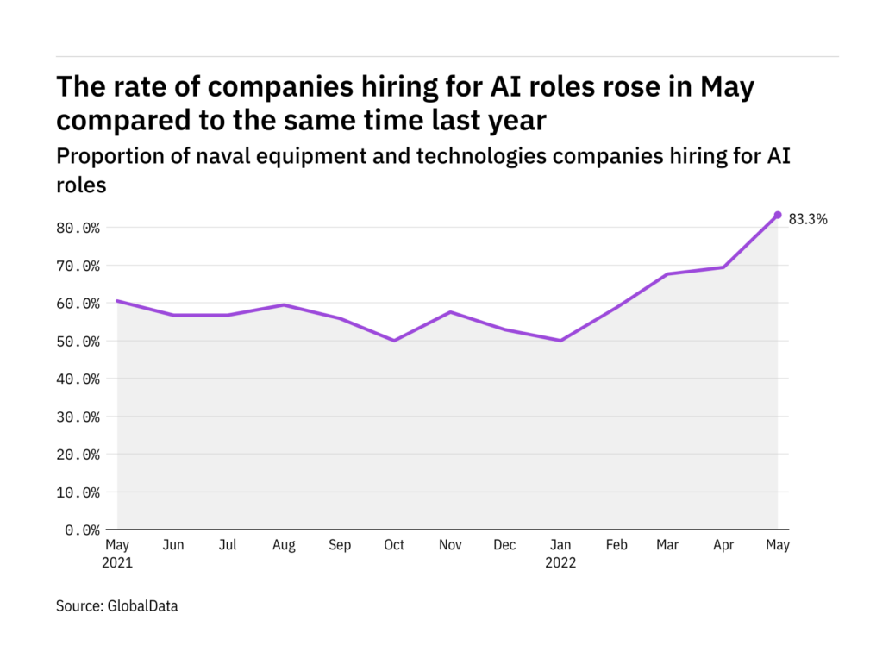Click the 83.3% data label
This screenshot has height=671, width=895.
click(x=808, y=219)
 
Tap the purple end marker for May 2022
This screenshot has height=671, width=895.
click(x=778, y=215)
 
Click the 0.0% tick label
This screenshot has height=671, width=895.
click(x=84, y=530)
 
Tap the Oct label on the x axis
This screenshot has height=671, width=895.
click(x=394, y=545)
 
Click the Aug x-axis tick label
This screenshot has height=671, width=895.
click(x=284, y=545)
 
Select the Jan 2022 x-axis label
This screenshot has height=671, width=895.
click(x=560, y=553)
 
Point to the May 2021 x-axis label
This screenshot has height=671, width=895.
click(x=117, y=553)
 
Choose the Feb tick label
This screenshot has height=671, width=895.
click(x=616, y=545)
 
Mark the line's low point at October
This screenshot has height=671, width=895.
click(x=394, y=341)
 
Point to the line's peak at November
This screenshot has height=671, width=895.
click(x=449, y=312)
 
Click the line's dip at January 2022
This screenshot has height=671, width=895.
click(x=560, y=341)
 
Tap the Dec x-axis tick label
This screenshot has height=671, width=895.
click(x=504, y=545)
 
